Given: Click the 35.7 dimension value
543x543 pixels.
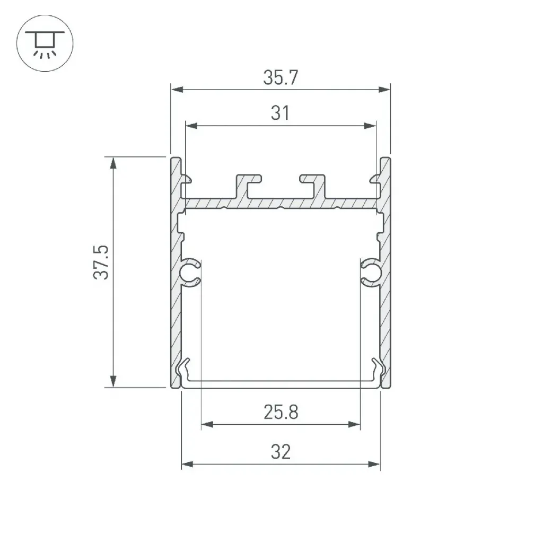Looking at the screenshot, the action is click(281, 77).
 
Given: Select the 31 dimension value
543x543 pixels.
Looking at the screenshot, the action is click(280, 113).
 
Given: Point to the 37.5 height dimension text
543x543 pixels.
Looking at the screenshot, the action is click(101, 262).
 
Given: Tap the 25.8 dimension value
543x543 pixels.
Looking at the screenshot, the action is click(281, 412).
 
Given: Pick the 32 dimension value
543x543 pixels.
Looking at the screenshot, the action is click(281, 452).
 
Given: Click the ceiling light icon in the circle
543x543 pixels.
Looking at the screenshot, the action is click(45, 43).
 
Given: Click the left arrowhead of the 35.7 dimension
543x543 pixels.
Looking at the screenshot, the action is click(177, 90).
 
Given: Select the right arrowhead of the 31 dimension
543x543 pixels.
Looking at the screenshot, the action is click(370, 126).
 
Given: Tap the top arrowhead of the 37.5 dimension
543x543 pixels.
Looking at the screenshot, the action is click(113, 163).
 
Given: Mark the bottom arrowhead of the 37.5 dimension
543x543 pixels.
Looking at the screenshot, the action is click(113, 382).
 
